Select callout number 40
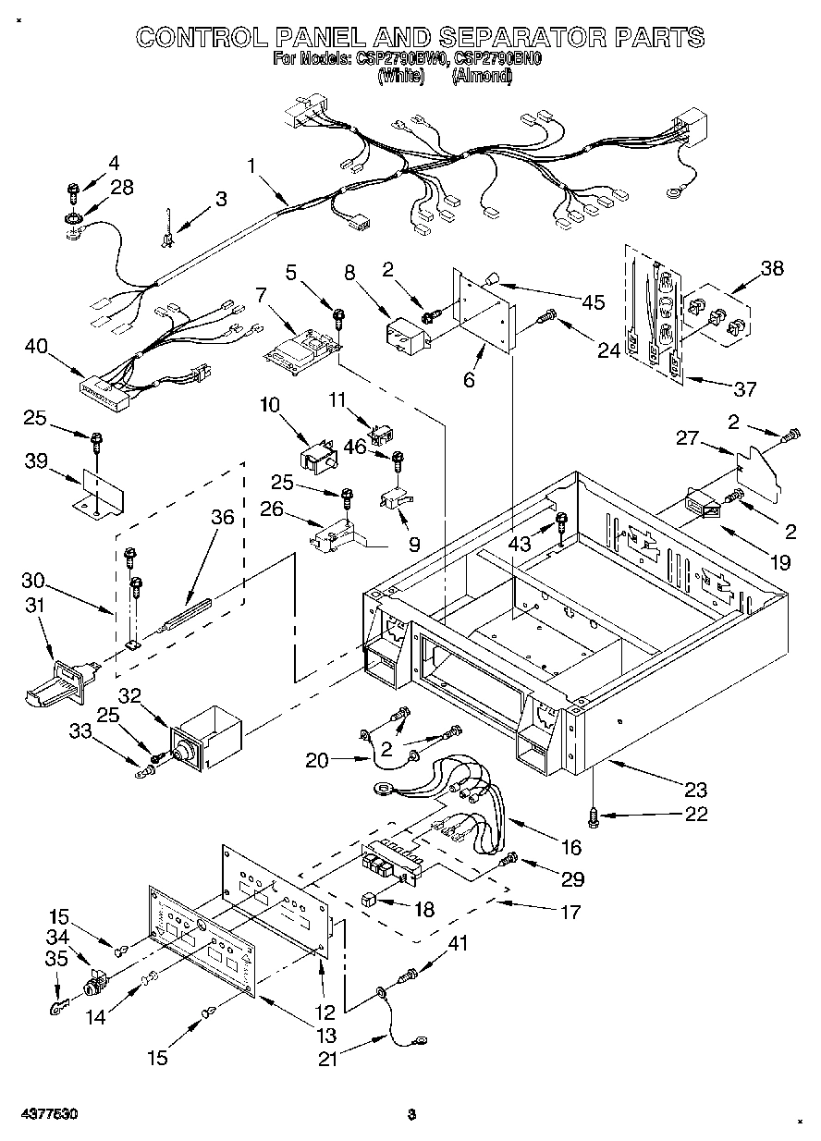(38, 347)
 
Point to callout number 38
(771, 269)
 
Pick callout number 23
(694, 789)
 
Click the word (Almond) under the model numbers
(481, 79)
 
